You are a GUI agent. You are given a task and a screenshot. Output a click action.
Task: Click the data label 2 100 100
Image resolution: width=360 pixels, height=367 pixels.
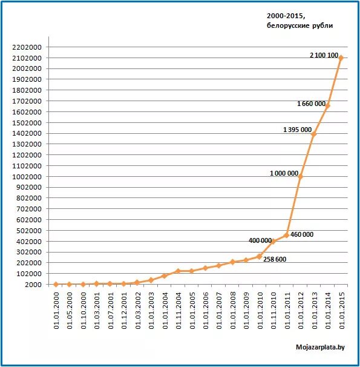tap(324, 55)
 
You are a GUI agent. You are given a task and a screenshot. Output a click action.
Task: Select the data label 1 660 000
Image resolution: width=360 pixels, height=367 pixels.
tap(311, 104)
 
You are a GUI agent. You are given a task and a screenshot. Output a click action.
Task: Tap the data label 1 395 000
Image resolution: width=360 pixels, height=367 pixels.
tap(297, 130)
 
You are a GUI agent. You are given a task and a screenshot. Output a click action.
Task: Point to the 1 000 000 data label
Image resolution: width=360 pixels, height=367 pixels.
tap(284, 173)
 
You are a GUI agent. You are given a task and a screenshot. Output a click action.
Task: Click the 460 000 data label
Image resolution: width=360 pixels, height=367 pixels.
tap(302, 234)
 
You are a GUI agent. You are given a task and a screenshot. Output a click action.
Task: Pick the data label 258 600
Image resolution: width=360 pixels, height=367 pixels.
tap(275, 259)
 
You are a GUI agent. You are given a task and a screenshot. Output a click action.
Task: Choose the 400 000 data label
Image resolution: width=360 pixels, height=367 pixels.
tap(260, 240)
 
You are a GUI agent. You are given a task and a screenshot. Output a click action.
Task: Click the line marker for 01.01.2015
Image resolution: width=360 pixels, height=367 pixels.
tap(341, 58)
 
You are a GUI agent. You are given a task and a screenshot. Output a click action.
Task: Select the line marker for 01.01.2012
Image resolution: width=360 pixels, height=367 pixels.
tap(300, 177)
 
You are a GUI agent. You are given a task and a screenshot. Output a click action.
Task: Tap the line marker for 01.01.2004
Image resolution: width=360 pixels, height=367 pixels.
tap(165, 276)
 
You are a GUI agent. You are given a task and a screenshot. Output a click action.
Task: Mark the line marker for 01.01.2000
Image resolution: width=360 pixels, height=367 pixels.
tap(56, 285)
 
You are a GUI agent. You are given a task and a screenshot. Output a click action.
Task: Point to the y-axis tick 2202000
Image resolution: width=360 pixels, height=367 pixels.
tap(27, 47)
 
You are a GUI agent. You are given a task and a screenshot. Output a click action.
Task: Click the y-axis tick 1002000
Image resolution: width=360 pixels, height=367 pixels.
tap(27, 177)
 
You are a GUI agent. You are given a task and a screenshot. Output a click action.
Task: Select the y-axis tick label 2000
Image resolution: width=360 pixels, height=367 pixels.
tap(33, 285)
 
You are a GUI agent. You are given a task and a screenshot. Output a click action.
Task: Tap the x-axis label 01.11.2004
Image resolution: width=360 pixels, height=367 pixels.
tap(178, 310)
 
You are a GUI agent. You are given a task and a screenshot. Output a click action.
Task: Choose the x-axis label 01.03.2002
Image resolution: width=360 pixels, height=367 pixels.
tap(138, 310)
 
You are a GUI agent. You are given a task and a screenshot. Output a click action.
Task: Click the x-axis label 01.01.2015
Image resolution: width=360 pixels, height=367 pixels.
tap(342, 310)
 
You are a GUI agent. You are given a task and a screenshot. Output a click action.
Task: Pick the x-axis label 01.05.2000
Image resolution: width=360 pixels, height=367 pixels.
tap(70, 310)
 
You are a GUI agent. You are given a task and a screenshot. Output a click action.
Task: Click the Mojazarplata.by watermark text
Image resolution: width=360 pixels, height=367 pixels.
tap(320, 347)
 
